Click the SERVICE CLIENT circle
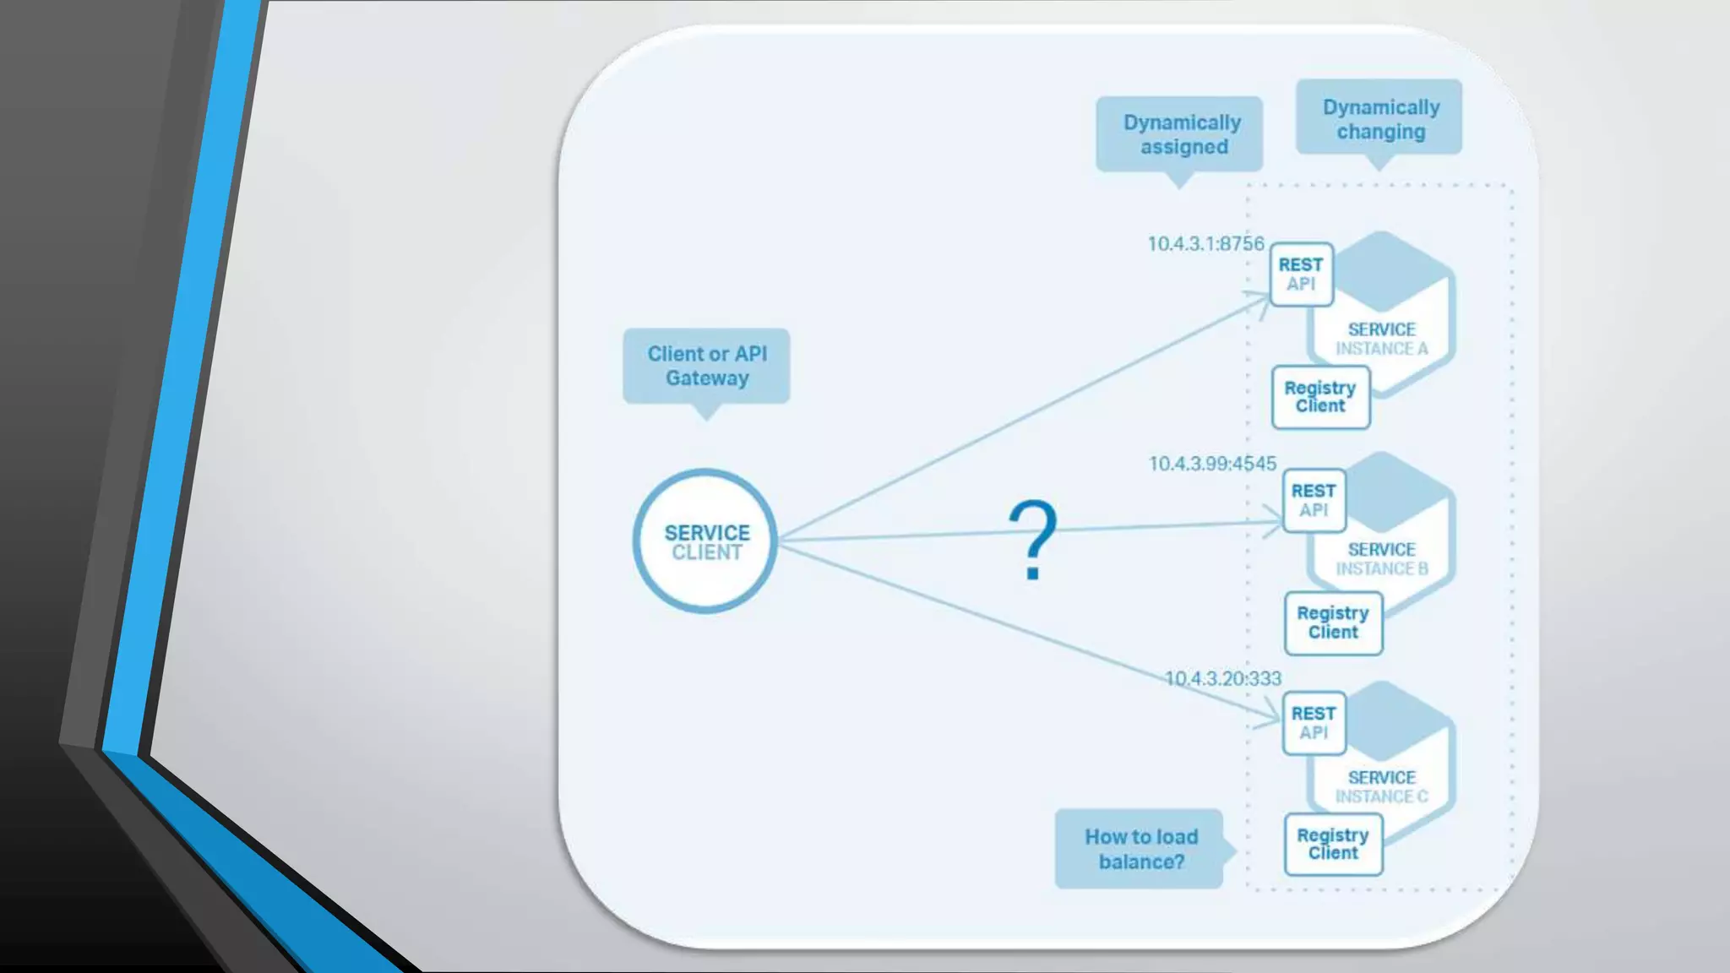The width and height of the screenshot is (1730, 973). [705, 541]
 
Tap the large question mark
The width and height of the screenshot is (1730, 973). [1032, 539]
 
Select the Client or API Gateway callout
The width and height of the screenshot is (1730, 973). [707, 366]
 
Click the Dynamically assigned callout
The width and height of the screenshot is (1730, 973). [1181, 134]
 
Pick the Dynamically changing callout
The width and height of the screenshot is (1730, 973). [1379, 119]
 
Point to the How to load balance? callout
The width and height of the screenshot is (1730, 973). [1140, 849]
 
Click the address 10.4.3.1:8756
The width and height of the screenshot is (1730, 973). [1205, 244]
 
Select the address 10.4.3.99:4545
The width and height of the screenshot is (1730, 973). [1212, 464]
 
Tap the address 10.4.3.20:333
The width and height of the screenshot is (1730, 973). [1222, 679]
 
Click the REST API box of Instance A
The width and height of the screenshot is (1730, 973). [1301, 275]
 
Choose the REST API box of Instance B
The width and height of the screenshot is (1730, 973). [1314, 501]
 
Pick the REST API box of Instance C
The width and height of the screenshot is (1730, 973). [1314, 723]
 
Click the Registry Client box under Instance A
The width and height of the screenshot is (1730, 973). [1320, 397]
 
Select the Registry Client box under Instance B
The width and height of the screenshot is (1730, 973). [1333, 623]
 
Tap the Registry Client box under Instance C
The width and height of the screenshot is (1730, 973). [1333, 845]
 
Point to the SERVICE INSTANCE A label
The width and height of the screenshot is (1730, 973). [1381, 339]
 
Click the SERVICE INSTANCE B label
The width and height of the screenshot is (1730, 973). [1381, 559]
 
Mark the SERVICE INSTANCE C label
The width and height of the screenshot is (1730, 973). [1381, 787]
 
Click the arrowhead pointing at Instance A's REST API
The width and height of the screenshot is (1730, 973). [1262, 297]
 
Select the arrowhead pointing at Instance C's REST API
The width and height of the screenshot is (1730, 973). [1274, 720]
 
